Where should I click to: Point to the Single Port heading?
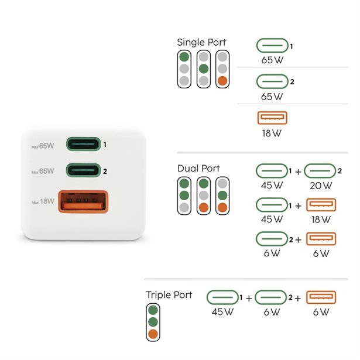201,42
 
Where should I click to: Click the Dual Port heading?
198,168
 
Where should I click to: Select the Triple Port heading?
169,294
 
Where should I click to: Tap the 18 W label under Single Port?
272,133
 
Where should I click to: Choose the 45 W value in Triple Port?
222,312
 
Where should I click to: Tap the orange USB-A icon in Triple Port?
321,297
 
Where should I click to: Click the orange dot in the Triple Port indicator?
153,334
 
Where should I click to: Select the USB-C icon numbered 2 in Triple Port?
271,297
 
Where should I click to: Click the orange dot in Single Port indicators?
222,81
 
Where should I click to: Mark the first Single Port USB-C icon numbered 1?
273,46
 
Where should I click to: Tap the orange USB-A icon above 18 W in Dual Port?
321,205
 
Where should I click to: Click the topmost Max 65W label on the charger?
43,145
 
